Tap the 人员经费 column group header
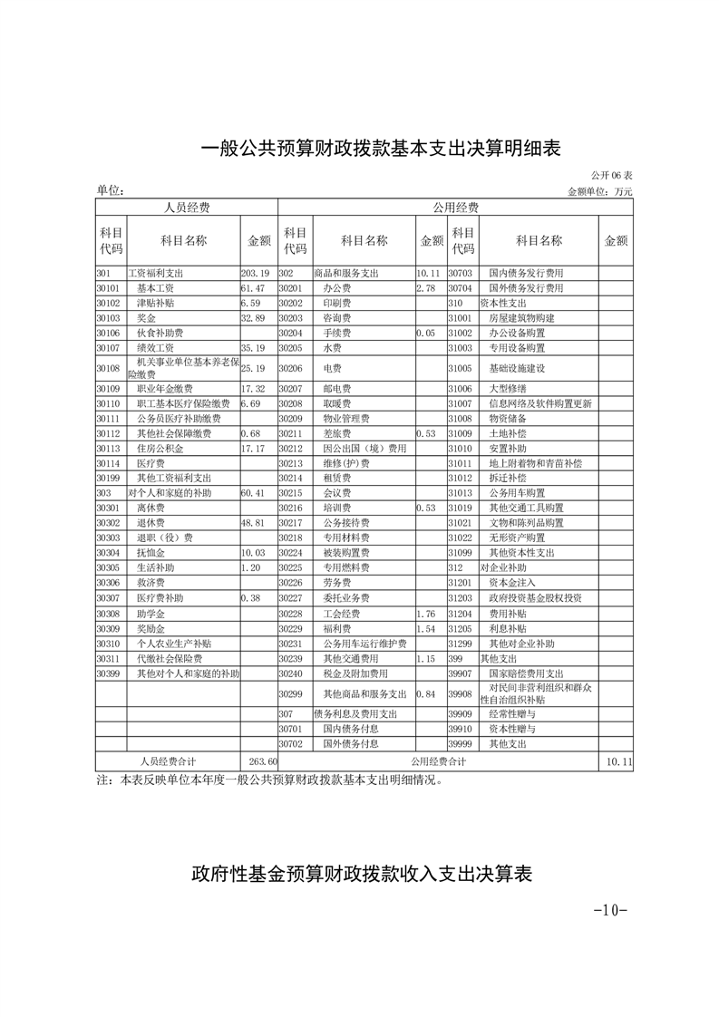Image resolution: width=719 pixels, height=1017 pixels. click(x=186, y=208)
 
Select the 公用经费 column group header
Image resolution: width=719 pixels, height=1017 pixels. click(x=455, y=208)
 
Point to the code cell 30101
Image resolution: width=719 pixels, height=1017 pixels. click(x=109, y=288)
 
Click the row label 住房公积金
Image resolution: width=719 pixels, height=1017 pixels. click(x=160, y=449)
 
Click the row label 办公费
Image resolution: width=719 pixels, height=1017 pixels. click(x=337, y=288)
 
